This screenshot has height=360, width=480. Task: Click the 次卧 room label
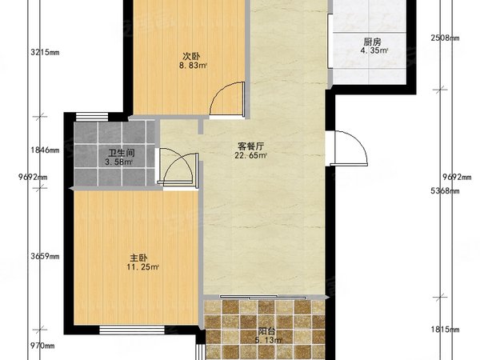tap(190, 56)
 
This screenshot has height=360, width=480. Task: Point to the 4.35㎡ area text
tap(372, 51)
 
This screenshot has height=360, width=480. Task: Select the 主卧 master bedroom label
tap(139, 258)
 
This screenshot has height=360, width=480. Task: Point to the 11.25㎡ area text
tap(142, 267)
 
